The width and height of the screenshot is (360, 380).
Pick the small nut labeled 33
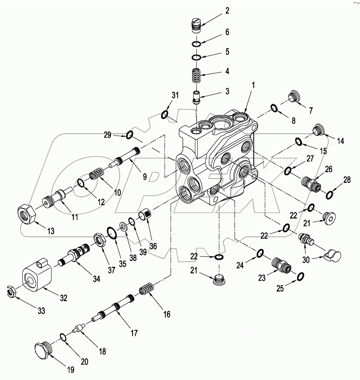point(11,292)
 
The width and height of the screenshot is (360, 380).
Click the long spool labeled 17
point(116,308)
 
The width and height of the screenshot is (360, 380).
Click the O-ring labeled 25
point(300,276)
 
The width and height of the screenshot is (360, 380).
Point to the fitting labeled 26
point(311,183)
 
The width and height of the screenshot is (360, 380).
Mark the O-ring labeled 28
point(329,195)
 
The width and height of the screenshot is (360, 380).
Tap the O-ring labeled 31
point(164,114)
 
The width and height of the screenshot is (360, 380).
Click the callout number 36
point(153,246)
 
